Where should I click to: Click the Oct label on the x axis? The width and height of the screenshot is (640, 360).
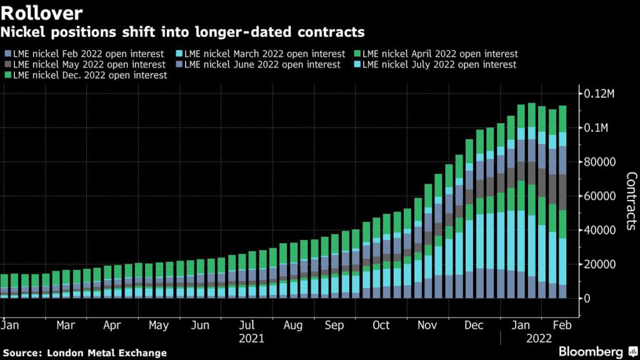[381, 326]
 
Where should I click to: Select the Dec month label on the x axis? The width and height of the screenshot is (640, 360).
[475, 326]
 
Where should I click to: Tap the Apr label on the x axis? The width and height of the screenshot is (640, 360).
[112, 326]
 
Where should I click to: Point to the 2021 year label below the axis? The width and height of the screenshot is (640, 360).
[251, 339]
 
